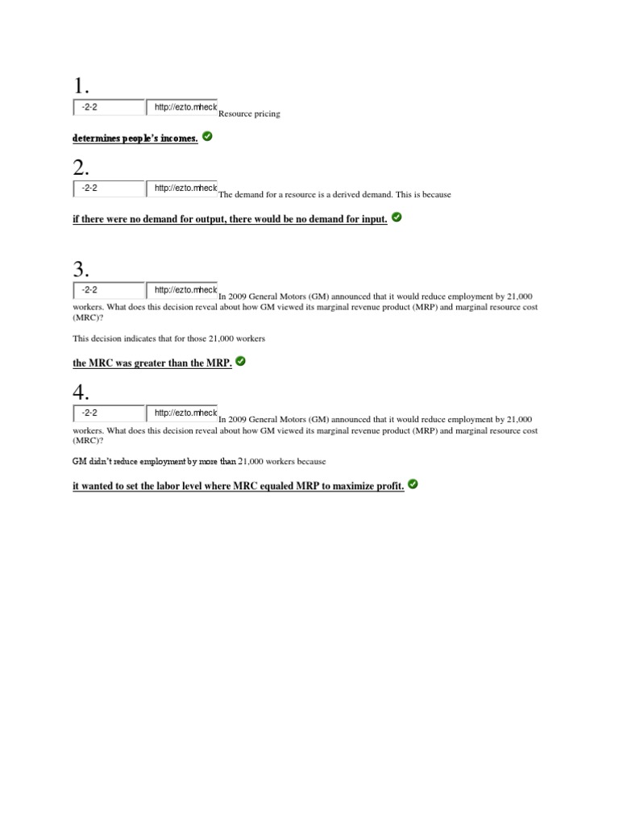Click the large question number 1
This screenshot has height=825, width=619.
(81, 86)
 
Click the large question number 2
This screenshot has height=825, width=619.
(81, 168)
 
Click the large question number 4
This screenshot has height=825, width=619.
(81, 392)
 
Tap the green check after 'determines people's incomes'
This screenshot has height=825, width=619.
(208, 137)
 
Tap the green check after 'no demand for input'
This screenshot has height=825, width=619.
(397, 218)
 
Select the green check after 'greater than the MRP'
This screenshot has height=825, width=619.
(240, 362)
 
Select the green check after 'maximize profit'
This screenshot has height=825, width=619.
(413, 484)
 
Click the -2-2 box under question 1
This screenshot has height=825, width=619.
(109, 107)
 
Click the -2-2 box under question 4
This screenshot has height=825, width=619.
(109, 412)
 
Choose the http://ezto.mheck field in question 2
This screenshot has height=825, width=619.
(182, 188)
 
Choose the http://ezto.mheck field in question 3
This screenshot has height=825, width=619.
(182, 289)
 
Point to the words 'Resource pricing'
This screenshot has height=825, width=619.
(250, 114)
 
